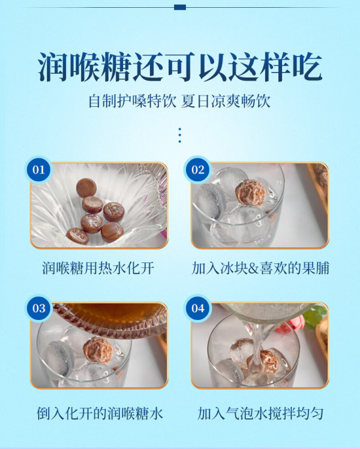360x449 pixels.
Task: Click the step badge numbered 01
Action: coord(39,170)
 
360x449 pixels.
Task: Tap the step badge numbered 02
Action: coord(198,170)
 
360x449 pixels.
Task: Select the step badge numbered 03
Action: coord(39,309)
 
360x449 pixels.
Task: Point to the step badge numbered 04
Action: coord(198,309)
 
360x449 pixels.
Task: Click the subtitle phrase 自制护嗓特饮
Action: coord(132,101)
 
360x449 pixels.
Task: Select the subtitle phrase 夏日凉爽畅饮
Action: coord(226,101)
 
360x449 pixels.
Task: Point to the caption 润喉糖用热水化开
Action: coord(98,268)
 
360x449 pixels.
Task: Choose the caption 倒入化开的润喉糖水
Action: coord(100,414)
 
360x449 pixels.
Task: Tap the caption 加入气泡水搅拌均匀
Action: coord(260,414)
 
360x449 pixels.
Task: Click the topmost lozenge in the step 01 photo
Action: coord(86,187)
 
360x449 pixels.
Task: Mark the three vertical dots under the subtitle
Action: coord(180,136)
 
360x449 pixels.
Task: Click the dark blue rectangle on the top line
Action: coord(180,7)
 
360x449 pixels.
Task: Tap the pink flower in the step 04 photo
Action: coord(289,325)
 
